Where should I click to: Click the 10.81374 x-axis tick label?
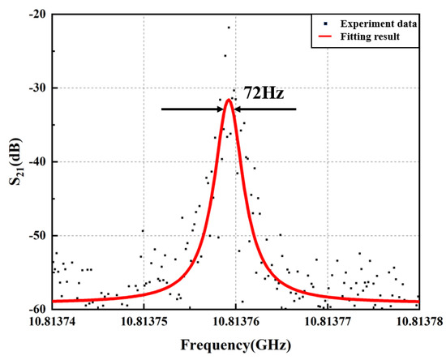(53, 322)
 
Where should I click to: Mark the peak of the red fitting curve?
(229, 100)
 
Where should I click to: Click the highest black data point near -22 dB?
(229, 28)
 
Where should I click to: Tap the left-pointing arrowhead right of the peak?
(238, 109)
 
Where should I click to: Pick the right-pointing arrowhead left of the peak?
(220, 109)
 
